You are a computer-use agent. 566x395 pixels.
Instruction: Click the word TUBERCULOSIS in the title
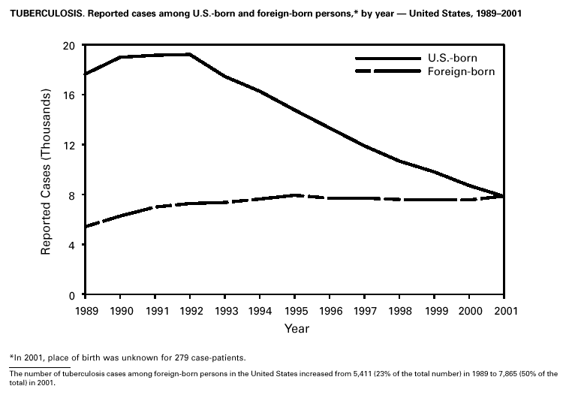40,14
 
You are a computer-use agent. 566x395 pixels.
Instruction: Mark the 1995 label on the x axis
296,309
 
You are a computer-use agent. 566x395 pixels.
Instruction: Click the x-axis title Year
296,328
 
